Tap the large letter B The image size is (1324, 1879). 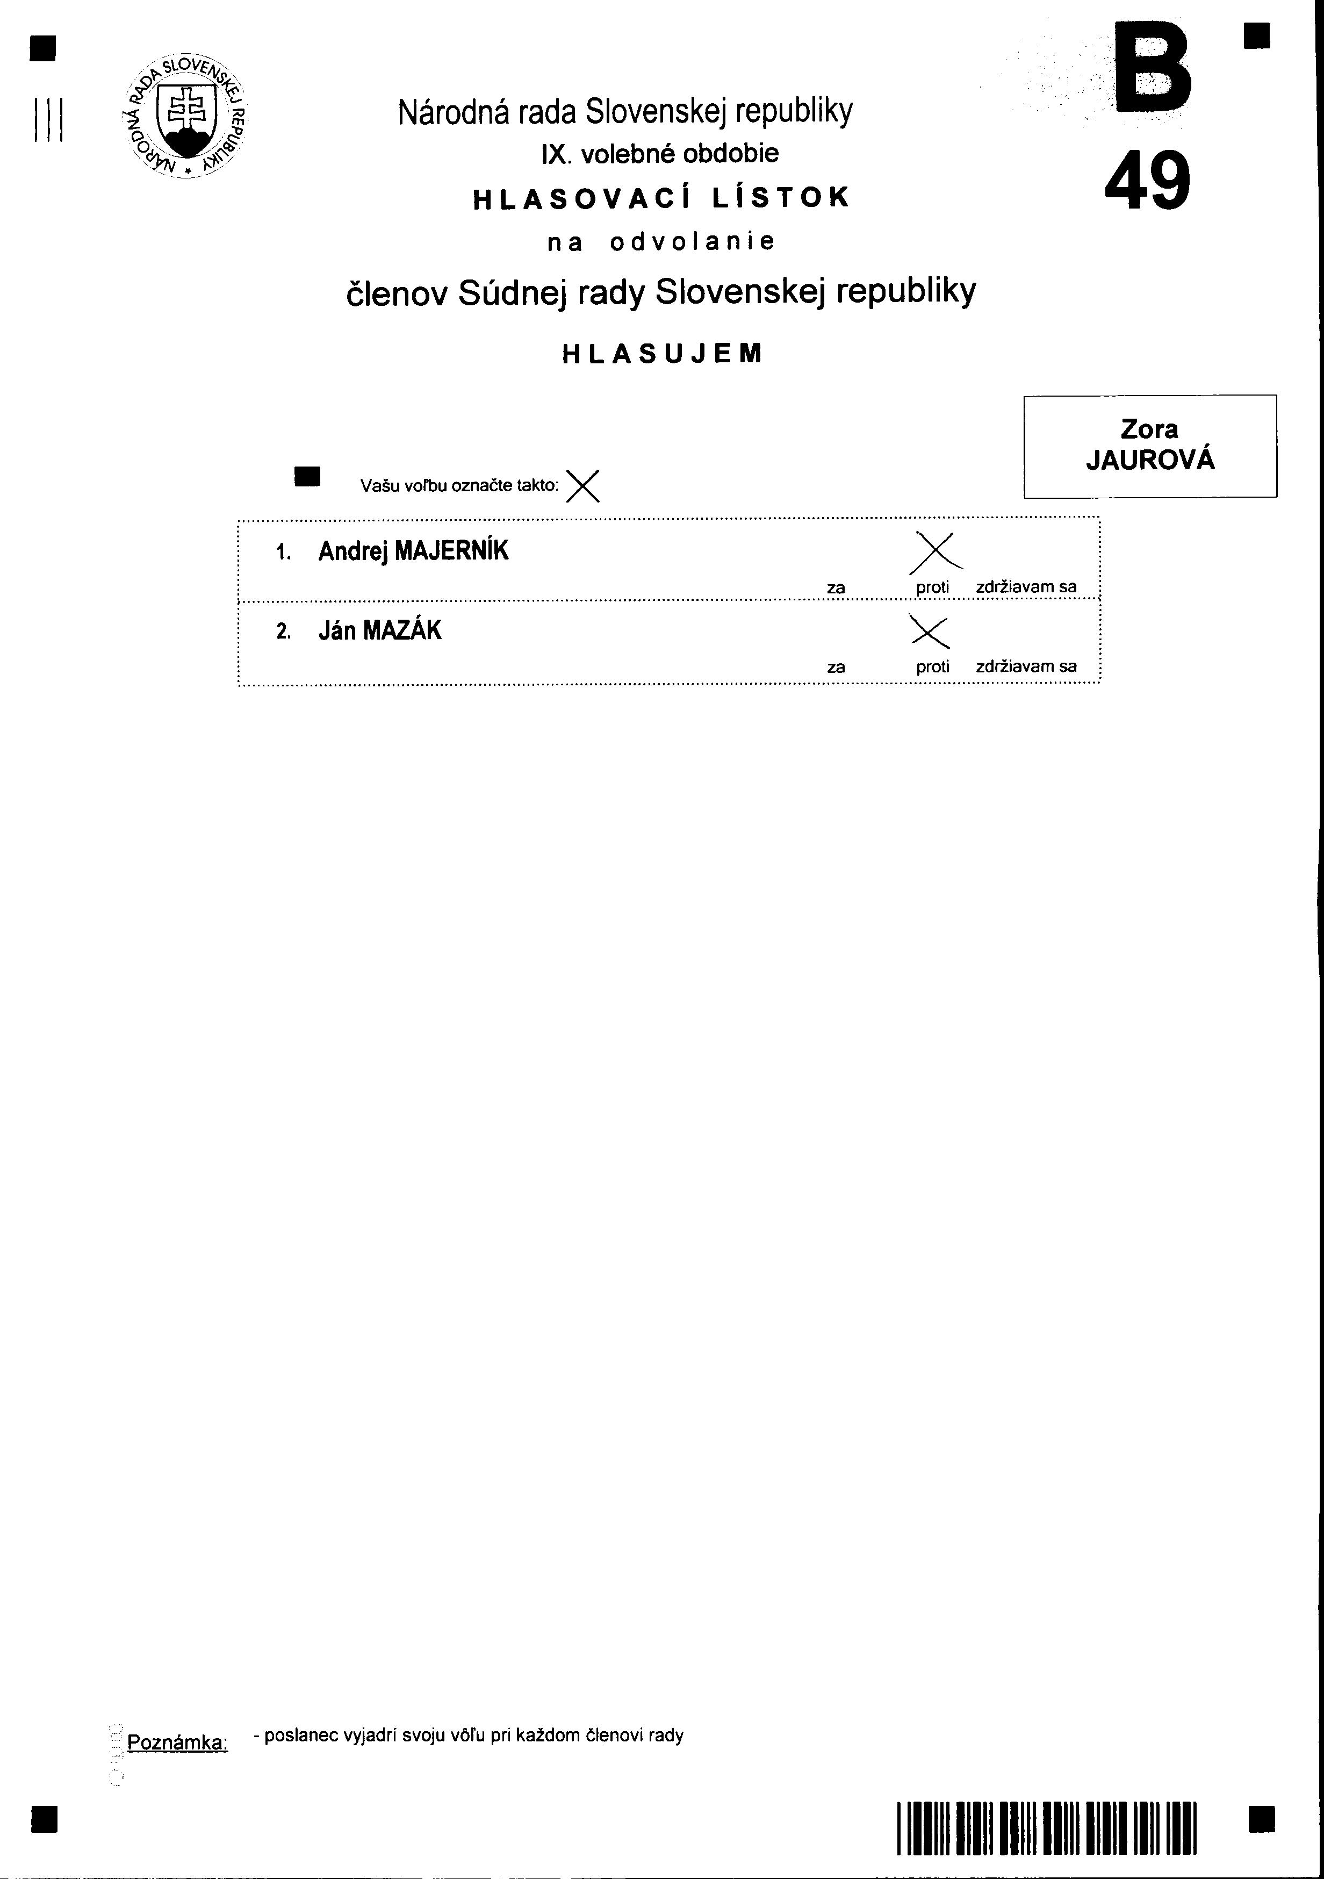click(1152, 69)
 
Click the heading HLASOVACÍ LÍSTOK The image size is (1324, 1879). click(661, 198)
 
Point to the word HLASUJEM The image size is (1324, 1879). click(662, 354)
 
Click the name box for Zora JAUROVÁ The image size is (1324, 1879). click(1150, 446)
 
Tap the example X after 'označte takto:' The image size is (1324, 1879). click(582, 485)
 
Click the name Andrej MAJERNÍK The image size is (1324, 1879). click(413, 551)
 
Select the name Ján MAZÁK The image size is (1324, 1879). click(380, 630)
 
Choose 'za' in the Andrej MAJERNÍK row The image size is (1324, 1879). click(836, 587)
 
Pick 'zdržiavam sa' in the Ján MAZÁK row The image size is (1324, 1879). click(1026, 666)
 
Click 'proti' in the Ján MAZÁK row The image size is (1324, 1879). click(933, 666)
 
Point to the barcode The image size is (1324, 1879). click(1047, 1827)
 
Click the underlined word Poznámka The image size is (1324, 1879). click(177, 1742)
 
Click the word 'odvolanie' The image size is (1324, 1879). click(692, 242)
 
